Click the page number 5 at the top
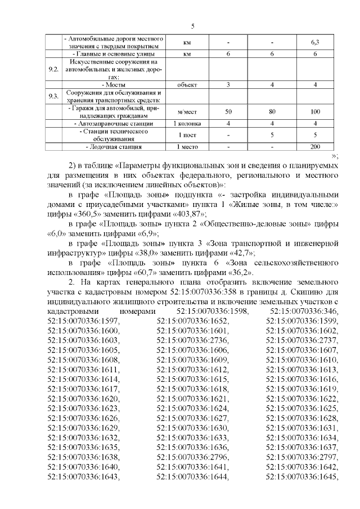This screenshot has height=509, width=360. [x=192, y=26]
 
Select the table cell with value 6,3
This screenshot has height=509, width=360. [x=316, y=43]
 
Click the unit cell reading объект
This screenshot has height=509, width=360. [x=187, y=85]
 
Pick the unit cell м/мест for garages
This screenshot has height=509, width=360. [x=187, y=111]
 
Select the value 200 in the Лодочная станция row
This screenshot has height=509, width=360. [x=316, y=147]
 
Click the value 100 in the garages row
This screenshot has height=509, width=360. [x=316, y=111]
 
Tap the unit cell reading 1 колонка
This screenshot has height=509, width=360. [x=187, y=123]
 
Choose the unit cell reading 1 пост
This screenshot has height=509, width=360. [x=187, y=135]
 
